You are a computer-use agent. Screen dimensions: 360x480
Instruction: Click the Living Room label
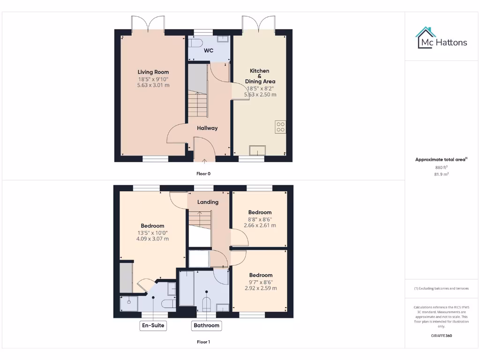point(153,72)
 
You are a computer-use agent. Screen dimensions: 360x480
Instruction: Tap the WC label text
point(209,50)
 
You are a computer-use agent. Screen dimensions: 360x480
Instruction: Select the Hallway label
point(207,128)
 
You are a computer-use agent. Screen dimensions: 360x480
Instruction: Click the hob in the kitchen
point(281,127)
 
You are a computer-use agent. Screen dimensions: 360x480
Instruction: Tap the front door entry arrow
point(204,163)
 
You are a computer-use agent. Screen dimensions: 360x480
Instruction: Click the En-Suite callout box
point(154,325)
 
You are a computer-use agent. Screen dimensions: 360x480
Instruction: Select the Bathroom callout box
point(206,325)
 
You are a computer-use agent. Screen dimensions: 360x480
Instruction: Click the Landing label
point(208,202)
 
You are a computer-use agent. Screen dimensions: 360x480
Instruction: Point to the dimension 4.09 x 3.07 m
point(153,239)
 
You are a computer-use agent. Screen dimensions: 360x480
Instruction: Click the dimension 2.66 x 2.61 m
point(260,225)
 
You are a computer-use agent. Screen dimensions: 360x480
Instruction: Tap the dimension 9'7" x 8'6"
point(261,282)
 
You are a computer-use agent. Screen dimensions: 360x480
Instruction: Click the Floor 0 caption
point(203,173)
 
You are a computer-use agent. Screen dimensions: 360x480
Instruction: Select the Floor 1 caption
point(203,342)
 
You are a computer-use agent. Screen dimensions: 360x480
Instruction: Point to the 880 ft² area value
point(441,167)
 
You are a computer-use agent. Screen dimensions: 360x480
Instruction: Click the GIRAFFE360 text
point(441,336)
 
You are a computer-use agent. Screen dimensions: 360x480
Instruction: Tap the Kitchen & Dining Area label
point(260,76)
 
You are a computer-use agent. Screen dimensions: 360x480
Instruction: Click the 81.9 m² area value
point(441,174)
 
